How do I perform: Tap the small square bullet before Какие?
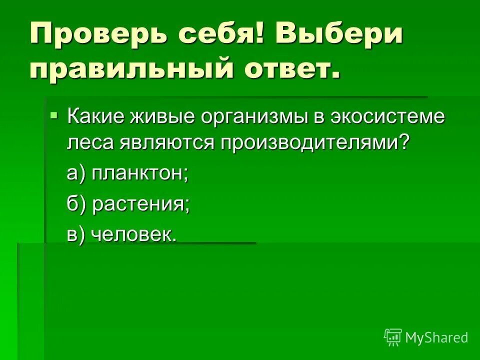coord(54,115)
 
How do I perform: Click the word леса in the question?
coord(90,142)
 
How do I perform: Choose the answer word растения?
coord(141,204)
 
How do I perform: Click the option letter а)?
coord(77,173)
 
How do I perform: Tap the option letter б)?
coord(77,204)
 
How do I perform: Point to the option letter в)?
coord(77,234)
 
